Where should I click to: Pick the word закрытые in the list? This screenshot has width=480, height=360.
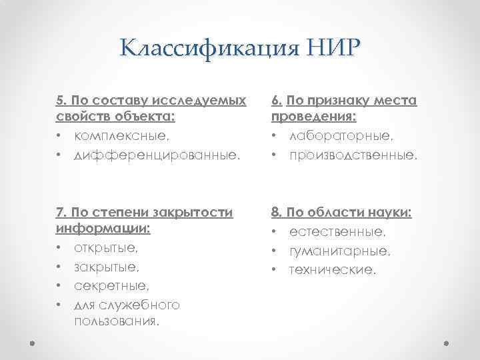point(105,268)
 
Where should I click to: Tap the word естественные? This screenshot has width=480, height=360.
point(337,233)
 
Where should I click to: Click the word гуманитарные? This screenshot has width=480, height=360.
point(339,251)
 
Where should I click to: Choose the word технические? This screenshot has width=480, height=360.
point(332,270)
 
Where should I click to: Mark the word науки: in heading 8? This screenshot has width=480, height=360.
point(389,213)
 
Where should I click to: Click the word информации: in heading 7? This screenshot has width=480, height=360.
point(103,231)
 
